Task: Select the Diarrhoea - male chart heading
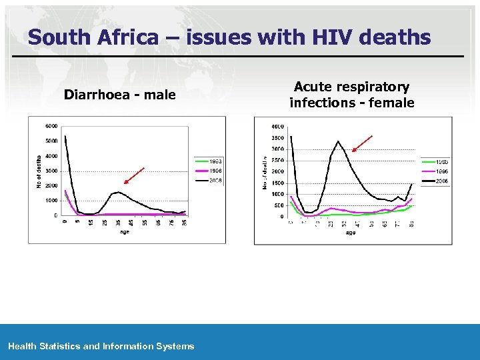tap(120, 95)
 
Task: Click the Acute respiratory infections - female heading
tap(351, 95)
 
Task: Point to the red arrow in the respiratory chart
tap(362, 143)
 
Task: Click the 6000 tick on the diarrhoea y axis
tap(51, 126)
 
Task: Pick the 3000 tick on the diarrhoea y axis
tap(51, 171)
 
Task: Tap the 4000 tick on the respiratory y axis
tap(277, 127)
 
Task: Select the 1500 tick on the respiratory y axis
tap(277, 183)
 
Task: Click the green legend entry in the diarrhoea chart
tap(208, 161)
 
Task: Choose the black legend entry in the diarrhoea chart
tap(208, 181)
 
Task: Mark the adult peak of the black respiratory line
tap(338, 141)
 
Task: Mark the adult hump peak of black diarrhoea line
tap(118, 192)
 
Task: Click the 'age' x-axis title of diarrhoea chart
tap(125, 232)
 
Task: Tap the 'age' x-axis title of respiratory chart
tap(351, 233)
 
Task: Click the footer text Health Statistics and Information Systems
tap(101, 346)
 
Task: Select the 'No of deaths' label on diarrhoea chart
tap(39, 171)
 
